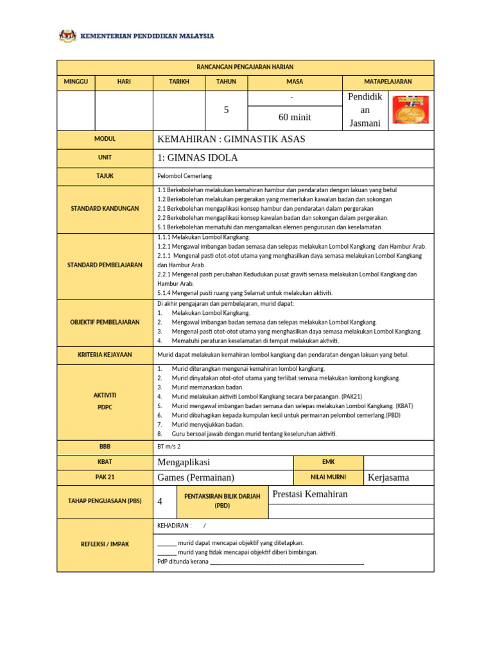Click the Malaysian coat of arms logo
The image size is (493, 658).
pyautogui.click(x=67, y=36)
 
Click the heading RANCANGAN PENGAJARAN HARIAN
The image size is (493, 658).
pyautogui.click(x=245, y=67)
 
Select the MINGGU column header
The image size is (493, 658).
pyautogui.click(x=76, y=82)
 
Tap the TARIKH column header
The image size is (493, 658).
pyautogui.click(x=178, y=82)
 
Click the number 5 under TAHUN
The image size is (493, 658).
pyautogui.click(x=226, y=110)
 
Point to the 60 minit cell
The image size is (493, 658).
pyautogui.click(x=295, y=117)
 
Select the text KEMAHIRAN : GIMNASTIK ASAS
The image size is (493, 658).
pyautogui.click(x=231, y=139)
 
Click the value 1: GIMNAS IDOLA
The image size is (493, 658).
pyautogui.click(x=197, y=158)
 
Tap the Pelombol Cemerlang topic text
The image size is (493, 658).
pyautogui.click(x=184, y=175)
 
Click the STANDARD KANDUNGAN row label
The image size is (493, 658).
pyautogui.click(x=105, y=209)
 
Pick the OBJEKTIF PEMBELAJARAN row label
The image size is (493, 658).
pyautogui.click(x=105, y=322)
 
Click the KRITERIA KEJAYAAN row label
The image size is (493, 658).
pyautogui.click(x=105, y=355)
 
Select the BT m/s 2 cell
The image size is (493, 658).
pyautogui.click(x=169, y=445)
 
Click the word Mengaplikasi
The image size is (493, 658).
pyautogui.click(x=184, y=463)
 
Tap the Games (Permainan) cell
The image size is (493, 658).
pyautogui.click(x=196, y=477)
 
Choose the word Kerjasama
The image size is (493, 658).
pyautogui.click(x=388, y=477)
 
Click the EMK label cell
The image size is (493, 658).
pyautogui.click(x=328, y=462)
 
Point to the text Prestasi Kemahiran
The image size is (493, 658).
pyautogui.click(x=310, y=493)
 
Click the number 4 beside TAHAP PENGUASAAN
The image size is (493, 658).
pyautogui.click(x=160, y=502)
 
